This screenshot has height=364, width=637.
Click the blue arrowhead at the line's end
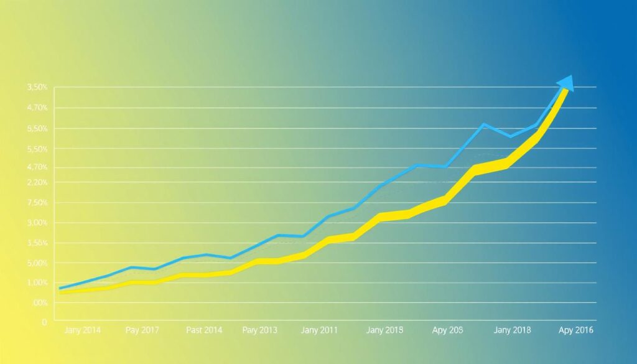pyautogui.click(x=565, y=83)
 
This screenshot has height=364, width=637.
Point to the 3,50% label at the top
pyautogui.click(x=37, y=88)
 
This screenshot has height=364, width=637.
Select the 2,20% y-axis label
pyautogui.click(x=37, y=182)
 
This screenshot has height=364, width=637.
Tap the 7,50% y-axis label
pyautogui.click(x=37, y=203)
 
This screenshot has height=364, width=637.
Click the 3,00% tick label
pyautogui.click(x=37, y=223)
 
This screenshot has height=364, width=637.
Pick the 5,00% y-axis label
pyautogui.click(x=37, y=263)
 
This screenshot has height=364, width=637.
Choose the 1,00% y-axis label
pyautogui.click(x=37, y=283)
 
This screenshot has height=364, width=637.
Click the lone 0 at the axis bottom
pyautogui.click(x=44, y=322)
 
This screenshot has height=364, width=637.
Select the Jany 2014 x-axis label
pyautogui.click(x=82, y=330)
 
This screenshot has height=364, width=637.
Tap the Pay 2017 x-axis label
pyautogui.click(x=142, y=330)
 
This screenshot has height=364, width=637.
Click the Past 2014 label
pyautogui.click(x=203, y=330)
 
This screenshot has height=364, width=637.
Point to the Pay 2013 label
pyautogui.click(x=260, y=330)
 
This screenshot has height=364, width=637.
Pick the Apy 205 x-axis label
pyautogui.click(x=449, y=330)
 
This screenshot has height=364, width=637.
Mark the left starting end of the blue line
pyautogui.click(x=60, y=288)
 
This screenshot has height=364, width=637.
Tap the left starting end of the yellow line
pyautogui.click(x=60, y=292)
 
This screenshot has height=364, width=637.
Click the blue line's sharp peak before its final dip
pyautogui.click(x=483, y=124)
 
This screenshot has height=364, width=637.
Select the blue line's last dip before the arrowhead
pyautogui.click(x=510, y=136)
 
